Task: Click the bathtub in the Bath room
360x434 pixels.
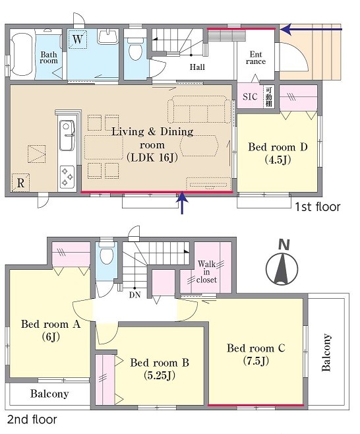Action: click(22, 54)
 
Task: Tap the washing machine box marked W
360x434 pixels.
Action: click(78, 39)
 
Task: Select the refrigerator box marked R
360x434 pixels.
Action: click(20, 183)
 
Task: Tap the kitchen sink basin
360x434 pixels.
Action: click(67, 135)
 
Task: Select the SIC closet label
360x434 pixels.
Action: click(250, 96)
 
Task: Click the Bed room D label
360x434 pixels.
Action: click(278, 152)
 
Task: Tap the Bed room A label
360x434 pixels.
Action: click(51, 330)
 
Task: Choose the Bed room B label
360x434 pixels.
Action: click(160, 369)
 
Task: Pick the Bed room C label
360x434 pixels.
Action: click(256, 354)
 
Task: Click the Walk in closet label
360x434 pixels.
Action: click(206, 272)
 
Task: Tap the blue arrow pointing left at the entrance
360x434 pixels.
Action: click(311, 29)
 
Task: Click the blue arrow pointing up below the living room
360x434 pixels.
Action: click(182, 203)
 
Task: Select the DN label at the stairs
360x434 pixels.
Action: click(135, 295)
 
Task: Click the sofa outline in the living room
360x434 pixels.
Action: click(199, 109)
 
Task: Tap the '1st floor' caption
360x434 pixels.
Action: click(318, 206)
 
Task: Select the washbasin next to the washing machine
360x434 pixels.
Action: click(108, 36)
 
